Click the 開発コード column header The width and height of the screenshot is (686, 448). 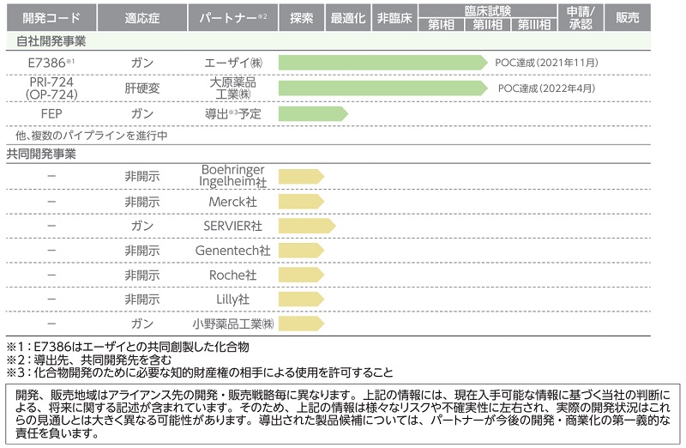[48, 17]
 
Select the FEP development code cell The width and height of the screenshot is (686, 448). [48, 112]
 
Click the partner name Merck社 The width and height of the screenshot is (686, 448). [233, 201]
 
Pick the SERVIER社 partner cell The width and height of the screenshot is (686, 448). [233, 225]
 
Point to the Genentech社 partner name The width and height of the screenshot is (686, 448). [233, 251]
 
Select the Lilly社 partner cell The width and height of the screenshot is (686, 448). [233, 299]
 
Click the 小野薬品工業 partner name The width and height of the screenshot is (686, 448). [233, 324]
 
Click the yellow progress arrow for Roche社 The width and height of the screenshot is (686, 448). [300, 275]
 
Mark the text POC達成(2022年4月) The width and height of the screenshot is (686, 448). [545, 88]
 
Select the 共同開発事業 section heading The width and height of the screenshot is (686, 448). [42, 154]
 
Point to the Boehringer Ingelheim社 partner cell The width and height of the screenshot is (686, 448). [233, 176]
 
